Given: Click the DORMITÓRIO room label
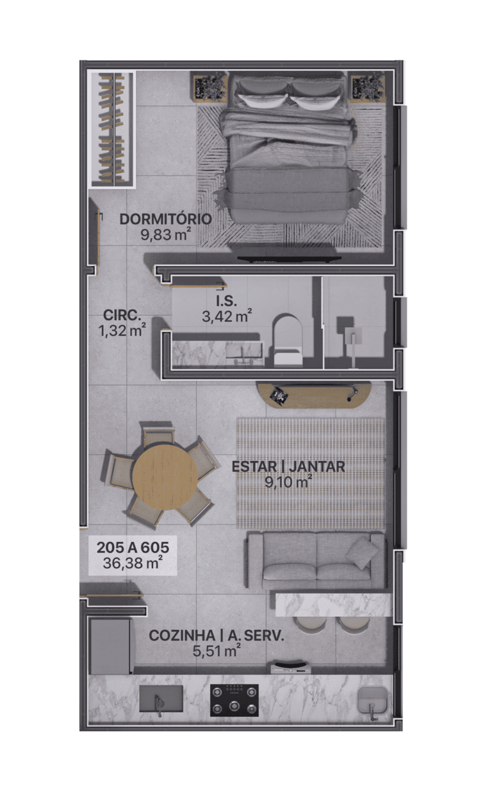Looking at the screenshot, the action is (166, 219).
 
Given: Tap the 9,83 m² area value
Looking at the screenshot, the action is (166, 235).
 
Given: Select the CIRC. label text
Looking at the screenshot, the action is (122, 315).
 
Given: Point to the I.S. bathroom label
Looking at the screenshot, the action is (227, 301).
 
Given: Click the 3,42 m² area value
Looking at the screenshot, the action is (227, 316).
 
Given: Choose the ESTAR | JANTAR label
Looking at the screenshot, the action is (288, 467).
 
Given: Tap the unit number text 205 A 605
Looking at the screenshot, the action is (133, 548).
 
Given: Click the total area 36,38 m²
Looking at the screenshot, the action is (133, 563).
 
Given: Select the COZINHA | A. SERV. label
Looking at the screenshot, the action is (217, 636).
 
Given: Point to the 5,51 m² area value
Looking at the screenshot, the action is (217, 650).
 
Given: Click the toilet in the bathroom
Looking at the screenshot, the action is (287, 340).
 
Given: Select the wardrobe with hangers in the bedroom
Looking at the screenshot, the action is (111, 130).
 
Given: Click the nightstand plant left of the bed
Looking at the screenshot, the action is (210, 87).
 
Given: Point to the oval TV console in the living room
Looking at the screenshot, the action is (315, 395).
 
